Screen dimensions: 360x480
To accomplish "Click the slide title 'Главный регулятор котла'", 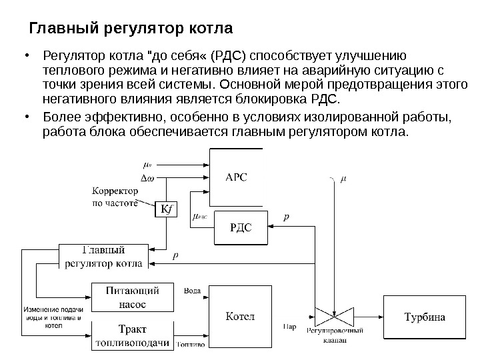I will tap(131, 29).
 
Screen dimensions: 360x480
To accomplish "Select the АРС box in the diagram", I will tap(236, 176).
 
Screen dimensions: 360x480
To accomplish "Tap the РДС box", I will tap(240, 228).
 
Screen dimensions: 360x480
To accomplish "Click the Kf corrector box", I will tap(163, 210).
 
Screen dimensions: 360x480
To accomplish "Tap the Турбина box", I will tap(425, 317).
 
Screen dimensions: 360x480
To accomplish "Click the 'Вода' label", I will tap(191, 291).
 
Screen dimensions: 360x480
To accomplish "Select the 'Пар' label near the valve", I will tap(289, 327).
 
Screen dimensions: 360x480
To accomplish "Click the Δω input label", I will tap(147, 177).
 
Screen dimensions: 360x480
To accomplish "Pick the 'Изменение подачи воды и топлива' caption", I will tap(53, 317).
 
